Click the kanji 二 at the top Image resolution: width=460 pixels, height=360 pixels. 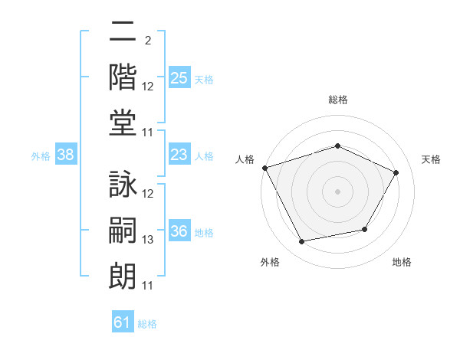tap(123, 31)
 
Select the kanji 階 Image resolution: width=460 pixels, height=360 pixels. tap(123, 77)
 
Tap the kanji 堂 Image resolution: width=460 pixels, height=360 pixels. tap(123, 123)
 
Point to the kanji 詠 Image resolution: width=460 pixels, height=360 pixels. tap(123, 184)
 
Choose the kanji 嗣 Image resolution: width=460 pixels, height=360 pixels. tap(123, 230)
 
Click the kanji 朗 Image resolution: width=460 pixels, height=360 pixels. tap(123, 277)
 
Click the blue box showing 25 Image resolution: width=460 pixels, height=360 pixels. tap(179, 77)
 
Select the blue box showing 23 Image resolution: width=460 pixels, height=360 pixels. tap(179, 154)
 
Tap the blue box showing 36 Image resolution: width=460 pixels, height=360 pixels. tap(179, 230)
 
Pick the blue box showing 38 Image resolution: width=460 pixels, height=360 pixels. tap(66, 154)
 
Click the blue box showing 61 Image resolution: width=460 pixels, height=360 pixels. tap(123, 321)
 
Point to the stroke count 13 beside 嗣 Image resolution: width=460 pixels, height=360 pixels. tap(147, 240)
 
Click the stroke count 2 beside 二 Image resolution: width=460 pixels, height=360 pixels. tap(148, 41)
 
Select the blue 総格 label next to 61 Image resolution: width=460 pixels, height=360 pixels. tap(147, 324)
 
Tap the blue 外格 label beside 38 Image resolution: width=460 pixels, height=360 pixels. tap(41, 156)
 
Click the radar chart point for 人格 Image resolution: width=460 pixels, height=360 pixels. tap(265, 168)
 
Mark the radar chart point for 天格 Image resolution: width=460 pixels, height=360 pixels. tap(396, 172)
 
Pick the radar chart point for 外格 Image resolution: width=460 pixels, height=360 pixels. tap(301, 241)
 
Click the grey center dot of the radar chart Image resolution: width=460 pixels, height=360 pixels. tap(337, 191)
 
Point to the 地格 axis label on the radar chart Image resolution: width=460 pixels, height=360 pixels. tap(402, 262)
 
